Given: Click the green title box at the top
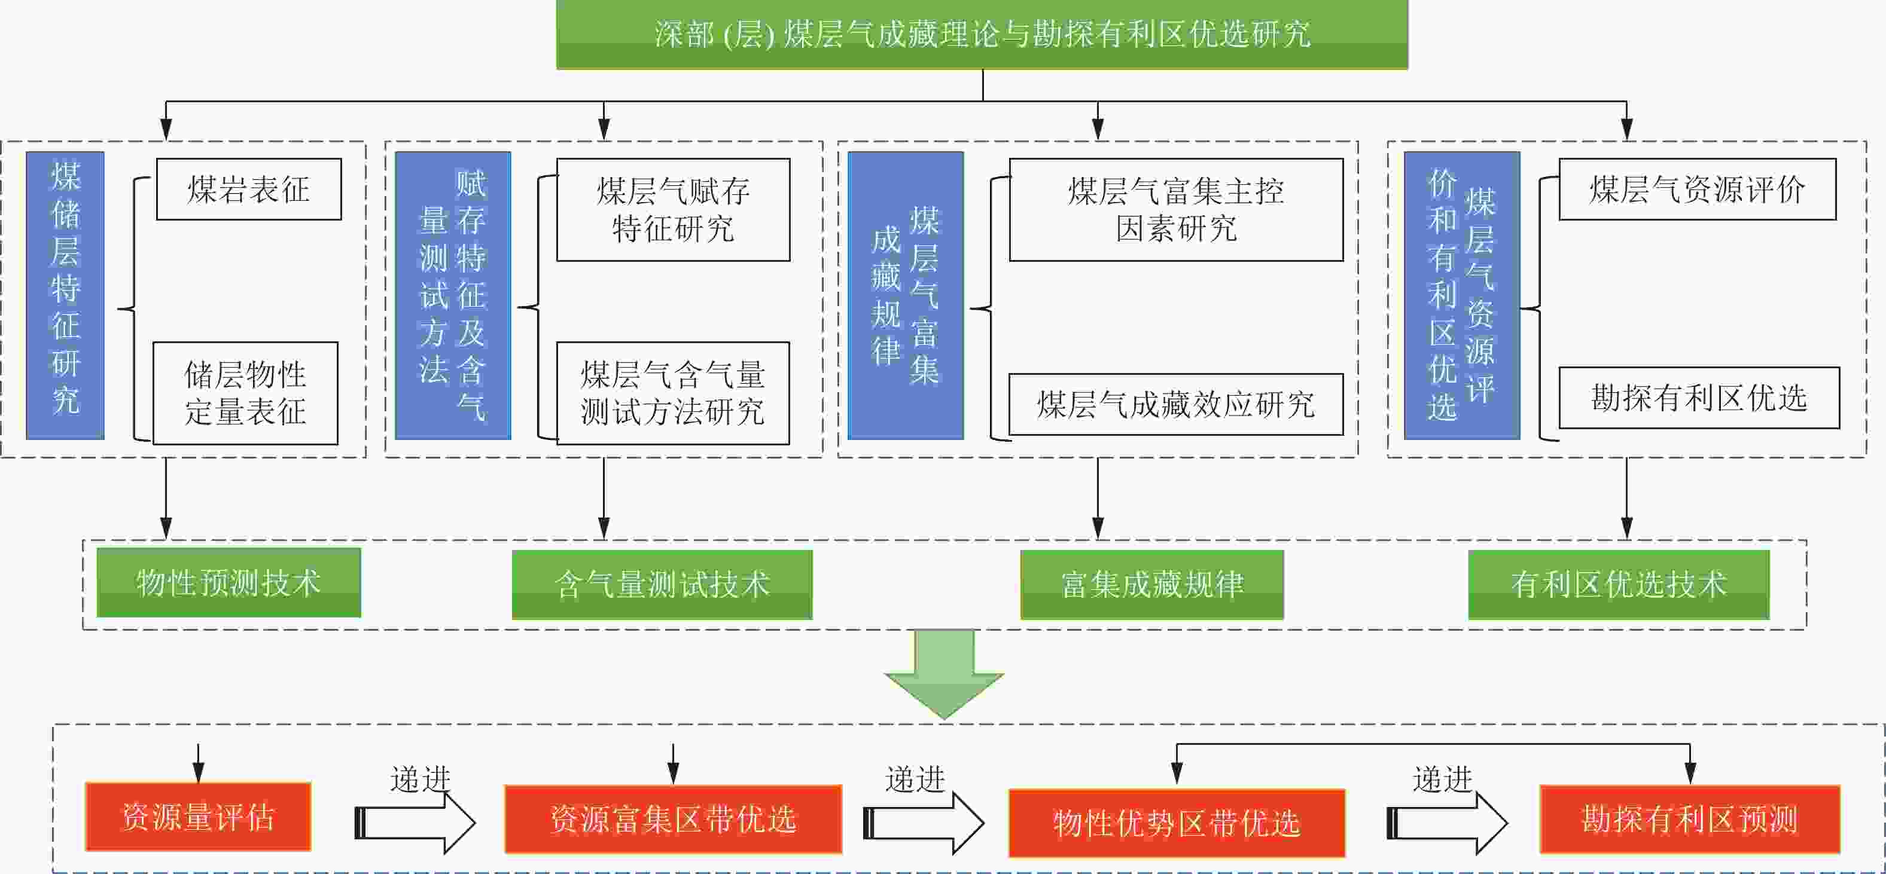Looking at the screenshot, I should pos(981,35).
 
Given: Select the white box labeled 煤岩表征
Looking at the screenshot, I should pos(249,189).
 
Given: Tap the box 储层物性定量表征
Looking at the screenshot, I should pos(245,393).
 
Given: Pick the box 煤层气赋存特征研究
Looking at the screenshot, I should pos(673,209).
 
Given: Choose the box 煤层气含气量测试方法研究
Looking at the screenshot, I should pos(673,393).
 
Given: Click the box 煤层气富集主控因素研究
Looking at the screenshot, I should pos(1176,209).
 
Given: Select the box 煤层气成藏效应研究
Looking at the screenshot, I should pos(1176,405).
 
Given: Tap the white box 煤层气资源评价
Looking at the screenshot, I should pos(1697,189).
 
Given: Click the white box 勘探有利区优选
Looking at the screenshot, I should pos(1699,398).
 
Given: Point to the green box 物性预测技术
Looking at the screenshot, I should pos(228,583).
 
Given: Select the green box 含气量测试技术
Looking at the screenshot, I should pos(662,584).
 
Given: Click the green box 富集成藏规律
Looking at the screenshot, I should pos(1151,584).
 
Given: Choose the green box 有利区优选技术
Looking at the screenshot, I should pos(1619,584).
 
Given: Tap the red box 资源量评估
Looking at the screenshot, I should pos(197,817).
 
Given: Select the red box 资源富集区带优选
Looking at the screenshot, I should pos(673,819).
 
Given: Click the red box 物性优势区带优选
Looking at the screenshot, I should pos(1177,823).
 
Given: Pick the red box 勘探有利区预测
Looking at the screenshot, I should pos(1690,819).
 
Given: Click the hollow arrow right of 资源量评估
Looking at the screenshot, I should pos(415,823).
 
